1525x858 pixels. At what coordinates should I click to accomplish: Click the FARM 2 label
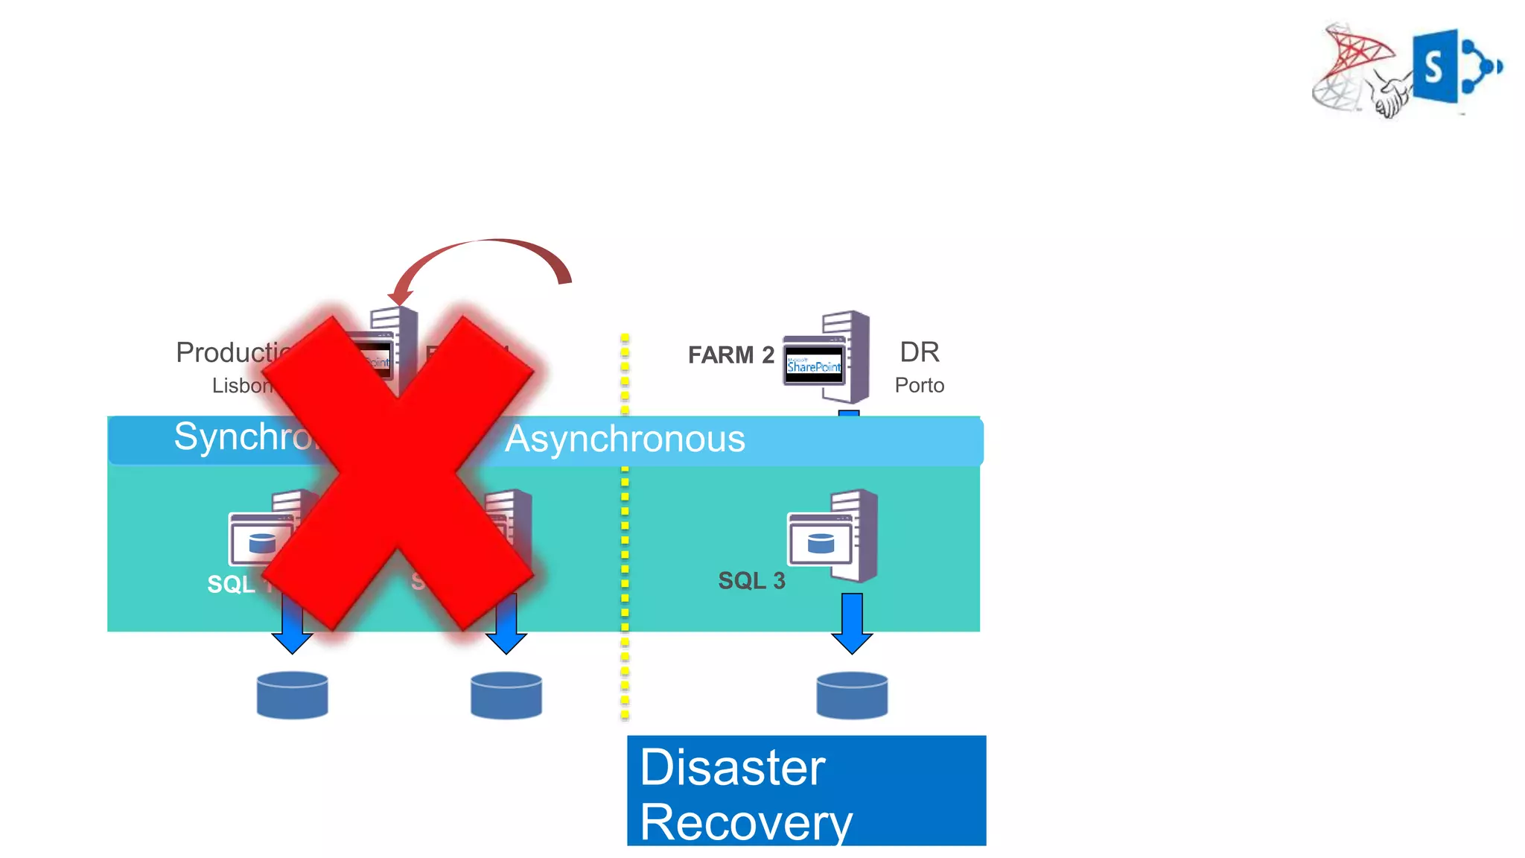click(x=730, y=355)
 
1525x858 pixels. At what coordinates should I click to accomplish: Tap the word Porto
click(x=919, y=385)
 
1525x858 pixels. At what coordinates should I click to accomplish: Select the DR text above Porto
click(x=920, y=352)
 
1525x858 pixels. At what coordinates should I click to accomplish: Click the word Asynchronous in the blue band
click(x=625, y=439)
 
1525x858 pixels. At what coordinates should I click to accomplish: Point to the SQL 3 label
click(x=751, y=581)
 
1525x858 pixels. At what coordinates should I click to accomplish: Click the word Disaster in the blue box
click(x=732, y=767)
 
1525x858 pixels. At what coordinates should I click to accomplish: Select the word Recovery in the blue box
click(x=745, y=822)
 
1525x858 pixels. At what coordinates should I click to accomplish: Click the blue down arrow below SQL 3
click(x=852, y=623)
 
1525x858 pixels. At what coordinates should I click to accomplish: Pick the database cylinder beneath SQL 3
click(x=852, y=696)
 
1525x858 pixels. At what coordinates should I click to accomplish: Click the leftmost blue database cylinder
click(x=292, y=696)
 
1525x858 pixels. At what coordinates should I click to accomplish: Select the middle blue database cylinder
click(x=506, y=696)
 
